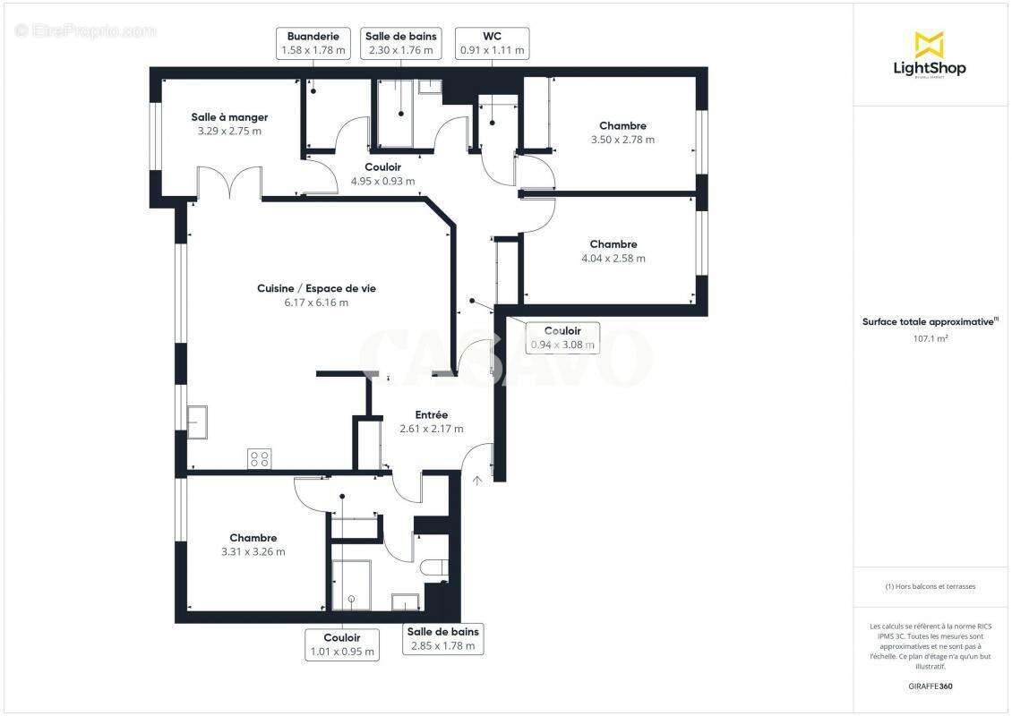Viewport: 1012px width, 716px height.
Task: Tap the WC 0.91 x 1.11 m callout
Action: point(492,44)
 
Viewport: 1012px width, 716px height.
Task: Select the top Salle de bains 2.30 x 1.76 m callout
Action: point(400,44)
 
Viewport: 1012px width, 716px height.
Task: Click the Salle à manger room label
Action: point(229,124)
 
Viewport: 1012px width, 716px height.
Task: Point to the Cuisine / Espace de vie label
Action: point(316,295)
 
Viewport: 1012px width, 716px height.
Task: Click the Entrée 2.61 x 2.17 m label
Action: point(432,422)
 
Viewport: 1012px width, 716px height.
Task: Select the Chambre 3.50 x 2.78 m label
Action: point(622,132)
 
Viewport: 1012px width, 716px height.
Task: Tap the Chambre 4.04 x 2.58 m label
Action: point(613,251)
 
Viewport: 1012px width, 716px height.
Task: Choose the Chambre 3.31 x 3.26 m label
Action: point(253,544)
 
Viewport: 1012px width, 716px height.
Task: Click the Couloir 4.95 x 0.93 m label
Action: point(382,174)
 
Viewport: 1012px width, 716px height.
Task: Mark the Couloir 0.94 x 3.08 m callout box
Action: point(562,337)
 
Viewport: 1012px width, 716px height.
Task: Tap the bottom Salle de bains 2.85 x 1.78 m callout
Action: point(442,639)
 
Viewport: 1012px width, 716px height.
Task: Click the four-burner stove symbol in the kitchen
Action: point(260,459)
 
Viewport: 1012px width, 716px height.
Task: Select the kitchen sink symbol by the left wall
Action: point(197,422)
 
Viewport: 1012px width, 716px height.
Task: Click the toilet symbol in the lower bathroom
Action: point(433,568)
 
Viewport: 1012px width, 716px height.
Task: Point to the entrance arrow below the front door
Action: point(477,481)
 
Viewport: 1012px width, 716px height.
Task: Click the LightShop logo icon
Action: point(929,44)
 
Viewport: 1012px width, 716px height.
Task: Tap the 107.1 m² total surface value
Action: point(930,338)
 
